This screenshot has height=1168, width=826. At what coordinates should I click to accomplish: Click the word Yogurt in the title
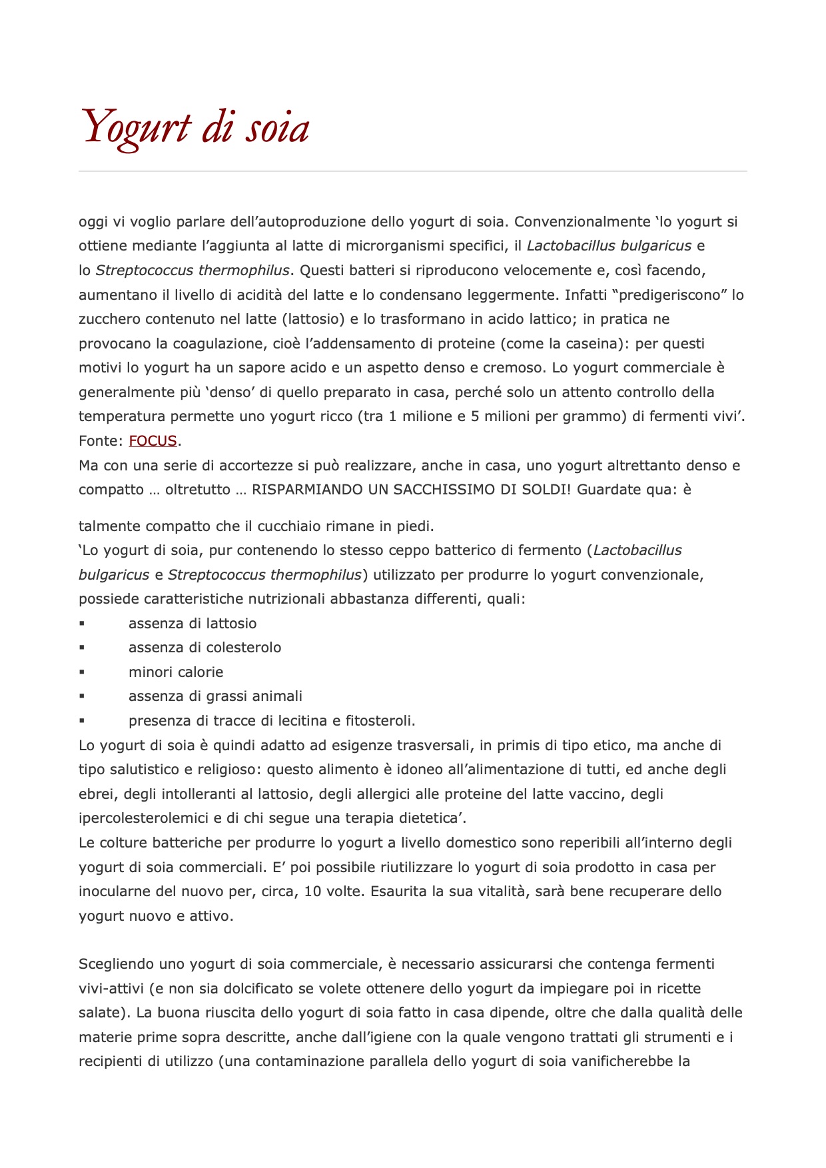137,127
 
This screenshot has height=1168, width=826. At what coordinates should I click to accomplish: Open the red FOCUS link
153,441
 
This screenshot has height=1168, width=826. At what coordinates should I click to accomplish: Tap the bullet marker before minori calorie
82,672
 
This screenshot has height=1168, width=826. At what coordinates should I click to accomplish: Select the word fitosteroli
380,721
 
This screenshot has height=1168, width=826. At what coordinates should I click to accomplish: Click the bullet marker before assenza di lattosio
82,624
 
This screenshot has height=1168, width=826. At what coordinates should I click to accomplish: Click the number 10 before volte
312,891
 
